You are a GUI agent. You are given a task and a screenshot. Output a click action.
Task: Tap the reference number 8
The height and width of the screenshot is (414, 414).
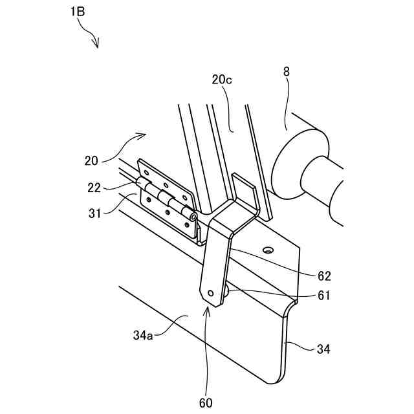(287, 72)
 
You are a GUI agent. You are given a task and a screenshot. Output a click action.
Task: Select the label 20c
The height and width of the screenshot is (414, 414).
(223, 80)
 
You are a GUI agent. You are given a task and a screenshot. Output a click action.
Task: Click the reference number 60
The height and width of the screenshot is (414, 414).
(206, 402)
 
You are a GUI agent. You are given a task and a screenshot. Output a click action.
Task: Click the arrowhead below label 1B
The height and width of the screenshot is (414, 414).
(96, 45)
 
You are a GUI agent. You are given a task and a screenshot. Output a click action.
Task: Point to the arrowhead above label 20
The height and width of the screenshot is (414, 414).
(144, 135)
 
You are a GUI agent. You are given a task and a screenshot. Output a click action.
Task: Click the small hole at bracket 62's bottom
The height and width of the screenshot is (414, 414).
(211, 292)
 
